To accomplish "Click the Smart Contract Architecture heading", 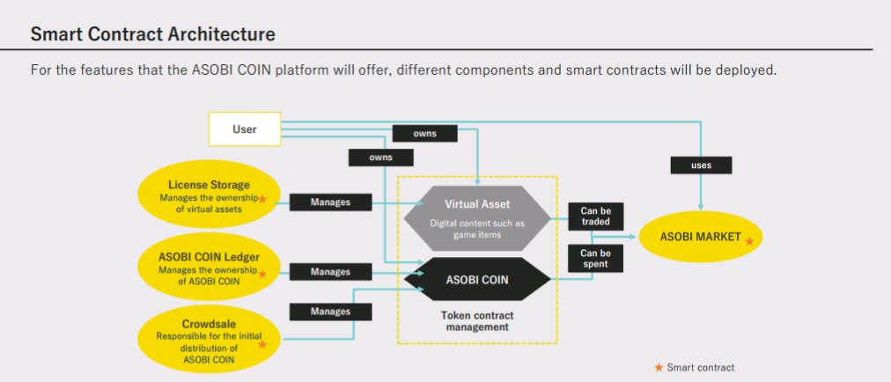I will [x=152, y=34].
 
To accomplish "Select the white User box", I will [x=244, y=129].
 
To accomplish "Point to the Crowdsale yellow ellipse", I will [x=210, y=334].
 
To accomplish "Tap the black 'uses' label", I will [x=701, y=165].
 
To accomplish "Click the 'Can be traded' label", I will [x=595, y=216].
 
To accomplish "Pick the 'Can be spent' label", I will [x=595, y=259].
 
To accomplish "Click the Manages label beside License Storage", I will [x=330, y=202].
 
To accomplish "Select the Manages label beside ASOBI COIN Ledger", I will [x=330, y=272].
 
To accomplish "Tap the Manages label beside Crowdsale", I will [x=330, y=312].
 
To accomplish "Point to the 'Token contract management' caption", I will [x=476, y=320].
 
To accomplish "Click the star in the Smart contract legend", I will [x=658, y=367].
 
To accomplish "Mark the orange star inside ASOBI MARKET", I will [x=749, y=239].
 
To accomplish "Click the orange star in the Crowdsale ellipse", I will [x=261, y=344].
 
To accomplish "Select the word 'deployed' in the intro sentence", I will [x=747, y=70].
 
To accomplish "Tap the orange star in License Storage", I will [x=261, y=200].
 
